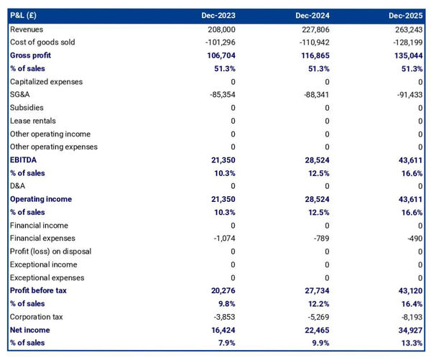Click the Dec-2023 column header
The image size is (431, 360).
pos(219,15)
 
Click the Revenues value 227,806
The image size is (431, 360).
pos(316,29)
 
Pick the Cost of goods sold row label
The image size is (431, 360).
pos(42,42)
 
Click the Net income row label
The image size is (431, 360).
pos(31,329)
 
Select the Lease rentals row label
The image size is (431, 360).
pos(33,121)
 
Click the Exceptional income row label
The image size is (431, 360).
pos(43,264)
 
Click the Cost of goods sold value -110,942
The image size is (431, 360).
pos(314,42)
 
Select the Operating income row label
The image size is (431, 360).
pos(41,199)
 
